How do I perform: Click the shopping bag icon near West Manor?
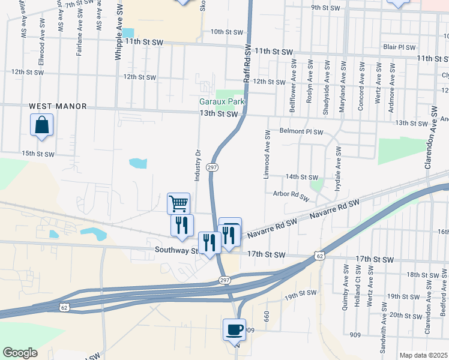(42, 125)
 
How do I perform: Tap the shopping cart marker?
(179, 203)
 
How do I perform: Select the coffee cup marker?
(234, 329)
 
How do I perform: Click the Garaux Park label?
(222, 101)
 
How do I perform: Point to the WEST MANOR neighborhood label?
(58, 106)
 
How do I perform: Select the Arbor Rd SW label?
(291, 196)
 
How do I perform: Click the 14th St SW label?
(301, 177)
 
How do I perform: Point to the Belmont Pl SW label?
(301, 131)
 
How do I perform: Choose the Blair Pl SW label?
(399, 47)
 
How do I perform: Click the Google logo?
(20, 352)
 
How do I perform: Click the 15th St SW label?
(38, 154)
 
